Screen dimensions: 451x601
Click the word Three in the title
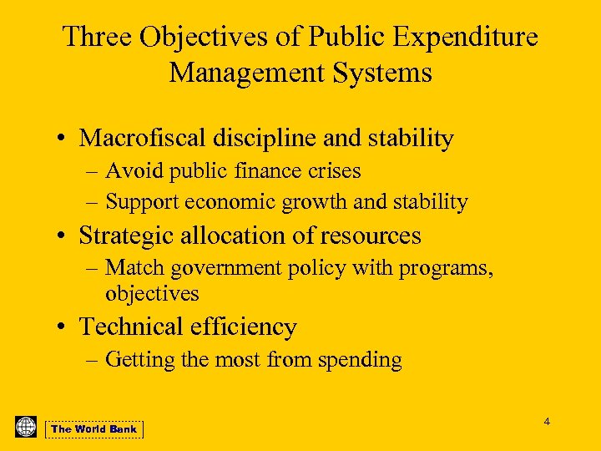[x=98, y=37]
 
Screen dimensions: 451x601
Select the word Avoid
[x=134, y=171]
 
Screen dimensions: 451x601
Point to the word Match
[x=134, y=268]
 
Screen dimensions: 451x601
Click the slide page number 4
[x=547, y=422]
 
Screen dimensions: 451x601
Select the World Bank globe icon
[x=26, y=426]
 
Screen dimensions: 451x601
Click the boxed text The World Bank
[x=93, y=429]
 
